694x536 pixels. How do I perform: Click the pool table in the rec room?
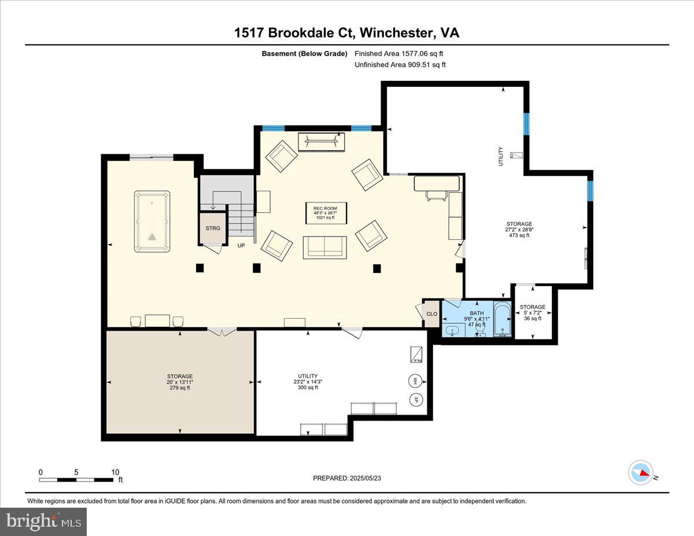point(152,221)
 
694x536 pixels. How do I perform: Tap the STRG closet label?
point(213,228)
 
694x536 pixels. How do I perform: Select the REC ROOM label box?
point(326,213)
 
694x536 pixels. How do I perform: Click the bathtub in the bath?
point(503,319)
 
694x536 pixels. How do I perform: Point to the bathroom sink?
point(453,330)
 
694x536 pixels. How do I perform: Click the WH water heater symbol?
point(415,380)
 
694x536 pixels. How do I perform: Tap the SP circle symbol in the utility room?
point(415,399)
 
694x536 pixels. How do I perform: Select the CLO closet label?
point(431,314)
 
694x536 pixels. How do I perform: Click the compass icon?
point(641,472)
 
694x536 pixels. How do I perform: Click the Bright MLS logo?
point(44,522)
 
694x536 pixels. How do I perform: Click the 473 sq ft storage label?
point(519,230)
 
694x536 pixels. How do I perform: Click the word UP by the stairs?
point(241,245)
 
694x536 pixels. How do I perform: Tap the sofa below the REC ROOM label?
point(324,247)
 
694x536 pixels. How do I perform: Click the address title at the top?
point(346,33)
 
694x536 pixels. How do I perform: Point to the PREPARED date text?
point(347,478)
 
